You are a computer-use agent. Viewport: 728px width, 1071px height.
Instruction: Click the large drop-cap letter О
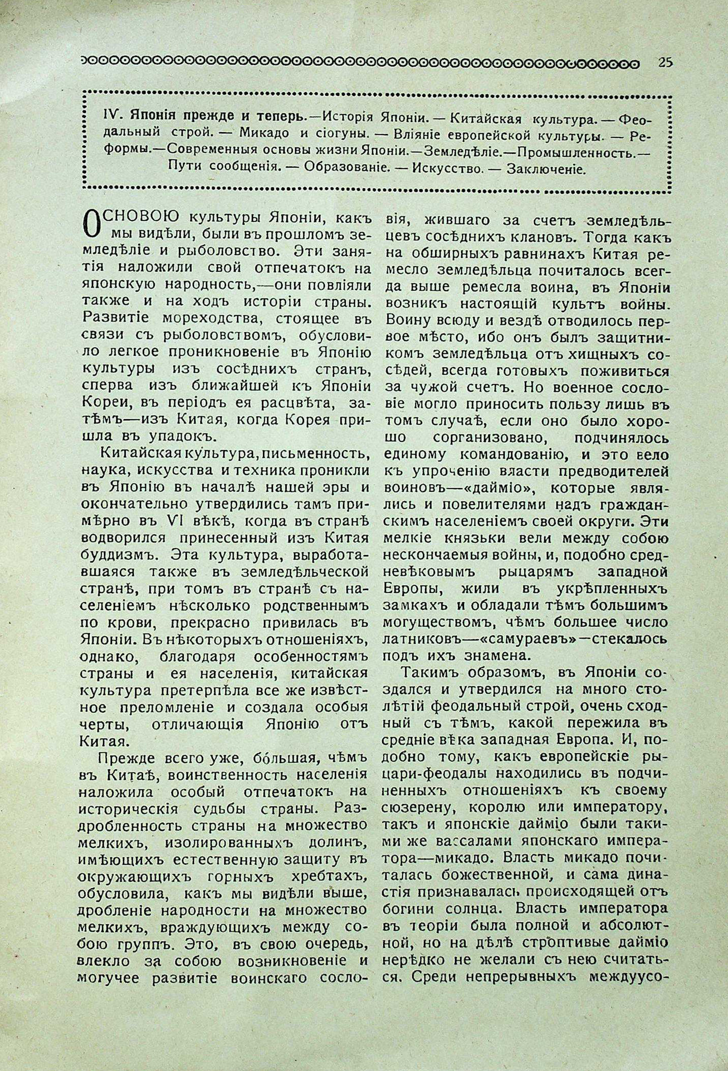click(x=92, y=223)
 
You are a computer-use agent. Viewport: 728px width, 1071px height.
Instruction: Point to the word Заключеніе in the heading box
click(x=546, y=169)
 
